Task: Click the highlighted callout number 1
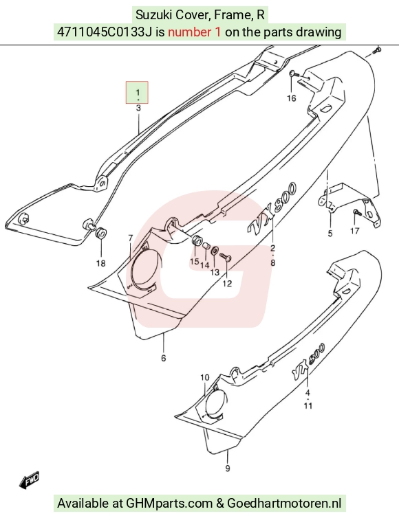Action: point(138,92)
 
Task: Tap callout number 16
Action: point(291,98)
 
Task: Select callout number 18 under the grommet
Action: point(101,263)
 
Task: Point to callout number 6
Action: point(164,358)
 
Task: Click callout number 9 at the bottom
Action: point(228,469)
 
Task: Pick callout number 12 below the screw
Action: point(227,284)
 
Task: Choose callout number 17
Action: point(355,231)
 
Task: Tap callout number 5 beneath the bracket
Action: point(330,233)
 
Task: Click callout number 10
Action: point(205,377)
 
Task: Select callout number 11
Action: point(308,406)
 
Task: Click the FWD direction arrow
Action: point(29,480)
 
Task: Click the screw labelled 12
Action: point(225,257)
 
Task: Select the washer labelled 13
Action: point(215,251)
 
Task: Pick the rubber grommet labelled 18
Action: point(101,233)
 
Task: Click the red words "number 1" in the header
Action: point(194,32)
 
